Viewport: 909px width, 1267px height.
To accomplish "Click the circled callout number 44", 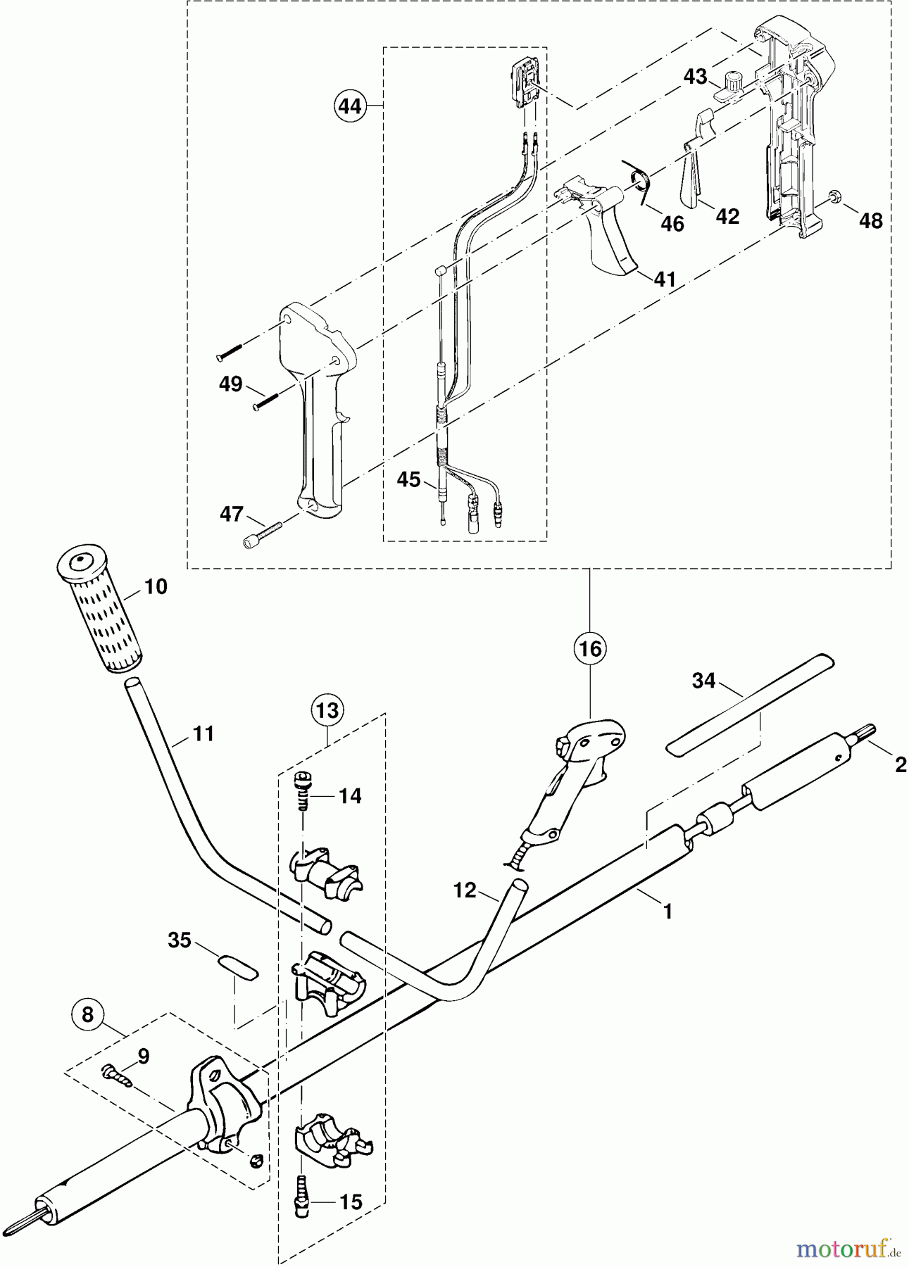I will tap(350, 106).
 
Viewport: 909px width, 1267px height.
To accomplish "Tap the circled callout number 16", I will tap(590, 648).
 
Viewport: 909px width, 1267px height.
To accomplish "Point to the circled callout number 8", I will tap(87, 1015).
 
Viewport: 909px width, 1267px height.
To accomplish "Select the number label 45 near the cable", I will tap(408, 480).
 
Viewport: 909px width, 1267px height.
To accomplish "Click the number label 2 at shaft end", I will tap(900, 764).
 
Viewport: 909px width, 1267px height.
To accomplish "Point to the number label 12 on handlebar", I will tap(465, 890).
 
